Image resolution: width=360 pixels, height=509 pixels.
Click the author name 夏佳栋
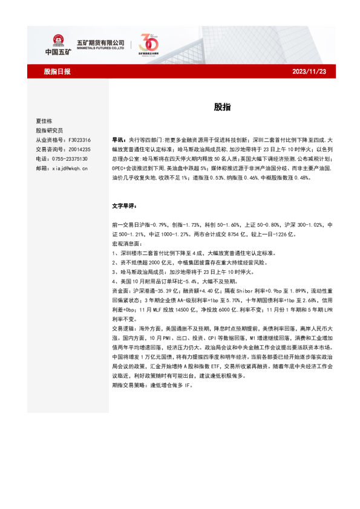44,120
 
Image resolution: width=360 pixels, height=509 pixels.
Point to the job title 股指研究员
49,130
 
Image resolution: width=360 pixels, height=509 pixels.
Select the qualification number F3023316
78,140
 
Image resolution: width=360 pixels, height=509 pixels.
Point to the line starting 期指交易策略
152,385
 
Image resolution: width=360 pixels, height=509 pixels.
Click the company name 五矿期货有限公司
100,42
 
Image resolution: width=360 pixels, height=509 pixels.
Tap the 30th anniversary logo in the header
149,45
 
